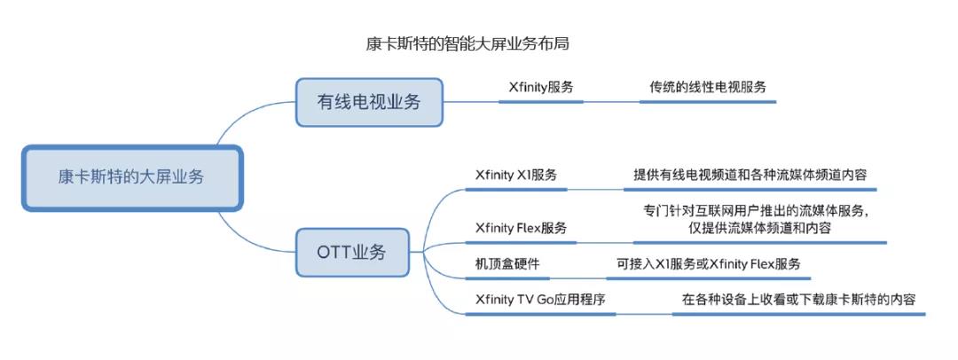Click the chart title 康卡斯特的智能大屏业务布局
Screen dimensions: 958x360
tap(467, 44)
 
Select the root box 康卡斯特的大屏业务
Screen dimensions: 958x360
tap(132, 178)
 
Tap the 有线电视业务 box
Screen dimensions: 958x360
tap(369, 102)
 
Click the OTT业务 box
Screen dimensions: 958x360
tap(352, 252)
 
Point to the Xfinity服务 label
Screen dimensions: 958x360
tap(541, 87)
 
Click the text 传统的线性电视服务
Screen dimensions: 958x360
tap(708, 87)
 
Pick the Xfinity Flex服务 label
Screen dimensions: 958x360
tap(522, 228)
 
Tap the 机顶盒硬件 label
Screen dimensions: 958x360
tap(507, 264)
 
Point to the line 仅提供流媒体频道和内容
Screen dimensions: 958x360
tap(758, 228)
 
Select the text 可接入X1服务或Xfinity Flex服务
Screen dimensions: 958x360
tap(708, 264)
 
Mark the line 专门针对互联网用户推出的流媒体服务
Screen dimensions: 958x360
tap(757, 211)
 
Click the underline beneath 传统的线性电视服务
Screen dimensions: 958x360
tap(708, 101)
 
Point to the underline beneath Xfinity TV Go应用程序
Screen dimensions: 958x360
tap(540, 314)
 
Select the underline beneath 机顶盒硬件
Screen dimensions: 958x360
tap(507, 278)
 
